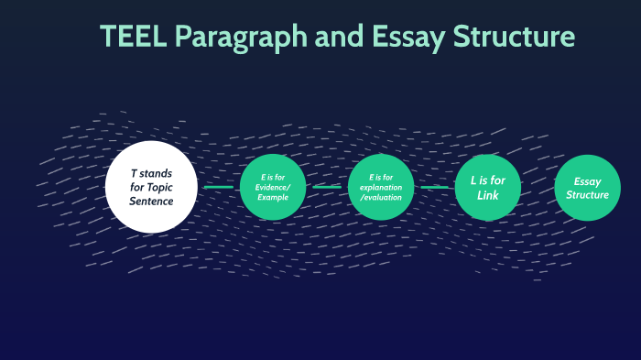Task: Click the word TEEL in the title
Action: point(133,37)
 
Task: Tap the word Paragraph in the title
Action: point(240,38)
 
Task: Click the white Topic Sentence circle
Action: point(151,187)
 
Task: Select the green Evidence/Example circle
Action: point(273,187)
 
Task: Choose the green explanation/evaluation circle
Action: point(382,187)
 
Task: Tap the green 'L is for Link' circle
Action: point(488,187)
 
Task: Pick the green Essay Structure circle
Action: point(588,187)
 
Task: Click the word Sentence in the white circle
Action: point(151,202)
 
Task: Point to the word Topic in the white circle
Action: point(170,188)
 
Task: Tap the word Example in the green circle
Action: point(273,197)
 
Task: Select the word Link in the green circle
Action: point(488,194)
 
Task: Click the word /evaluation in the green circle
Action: point(382,197)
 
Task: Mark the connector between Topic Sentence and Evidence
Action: point(218,187)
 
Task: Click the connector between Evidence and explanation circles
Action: point(327,187)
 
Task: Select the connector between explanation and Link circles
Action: point(435,187)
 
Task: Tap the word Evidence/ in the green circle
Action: point(273,187)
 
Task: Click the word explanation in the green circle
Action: point(382,187)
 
